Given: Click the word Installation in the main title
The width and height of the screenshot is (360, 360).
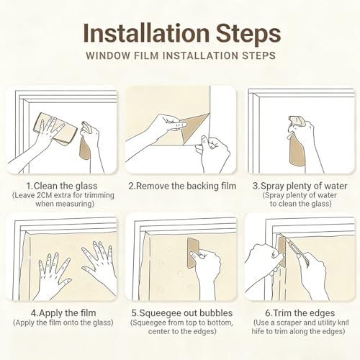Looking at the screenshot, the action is (x=146, y=33).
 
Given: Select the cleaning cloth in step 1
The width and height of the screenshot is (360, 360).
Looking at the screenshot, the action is (x=55, y=129).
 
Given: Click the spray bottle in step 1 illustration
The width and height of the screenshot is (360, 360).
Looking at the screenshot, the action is (x=86, y=142).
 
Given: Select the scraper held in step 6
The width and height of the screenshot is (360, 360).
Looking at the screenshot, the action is (x=282, y=252).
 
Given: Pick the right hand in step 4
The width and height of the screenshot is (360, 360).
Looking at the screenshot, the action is (x=99, y=261).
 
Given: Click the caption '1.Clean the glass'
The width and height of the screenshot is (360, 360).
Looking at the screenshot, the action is (x=62, y=186).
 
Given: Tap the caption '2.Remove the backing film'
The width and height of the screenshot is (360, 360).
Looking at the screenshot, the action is (x=182, y=186).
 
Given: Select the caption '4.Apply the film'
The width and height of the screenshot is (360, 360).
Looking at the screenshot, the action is (x=63, y=313).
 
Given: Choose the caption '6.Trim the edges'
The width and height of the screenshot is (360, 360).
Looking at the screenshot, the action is (x=300, y=313).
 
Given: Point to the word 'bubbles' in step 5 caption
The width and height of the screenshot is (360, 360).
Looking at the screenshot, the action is (x=216, y=313).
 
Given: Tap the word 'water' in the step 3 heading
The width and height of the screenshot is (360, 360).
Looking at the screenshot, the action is (x=336, y=186).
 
